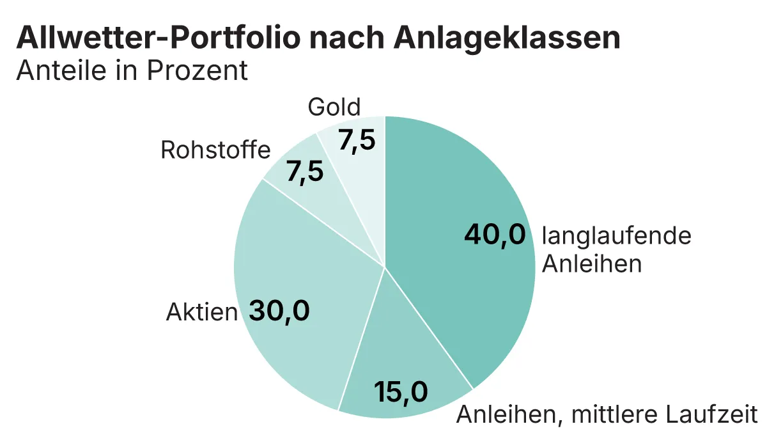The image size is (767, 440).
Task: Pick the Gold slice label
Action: pyautogui.click(x=334, y=107)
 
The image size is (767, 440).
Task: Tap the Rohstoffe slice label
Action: pyautogui.click(x=215, y=150)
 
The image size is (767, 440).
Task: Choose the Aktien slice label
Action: pyautogui.click(x=202, y=313)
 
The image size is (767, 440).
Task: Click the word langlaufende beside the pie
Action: pyautogui.click(x=617, y=236)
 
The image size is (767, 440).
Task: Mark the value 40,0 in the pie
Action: pyautogui.click(x=495, y=235)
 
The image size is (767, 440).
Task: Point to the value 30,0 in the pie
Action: pyautogui.click(x=279, y=311)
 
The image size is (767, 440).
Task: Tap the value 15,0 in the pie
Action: pyautogui.click(x=401, y=391)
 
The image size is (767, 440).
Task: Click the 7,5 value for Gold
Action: pyautogui.click(x=357, y=141)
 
